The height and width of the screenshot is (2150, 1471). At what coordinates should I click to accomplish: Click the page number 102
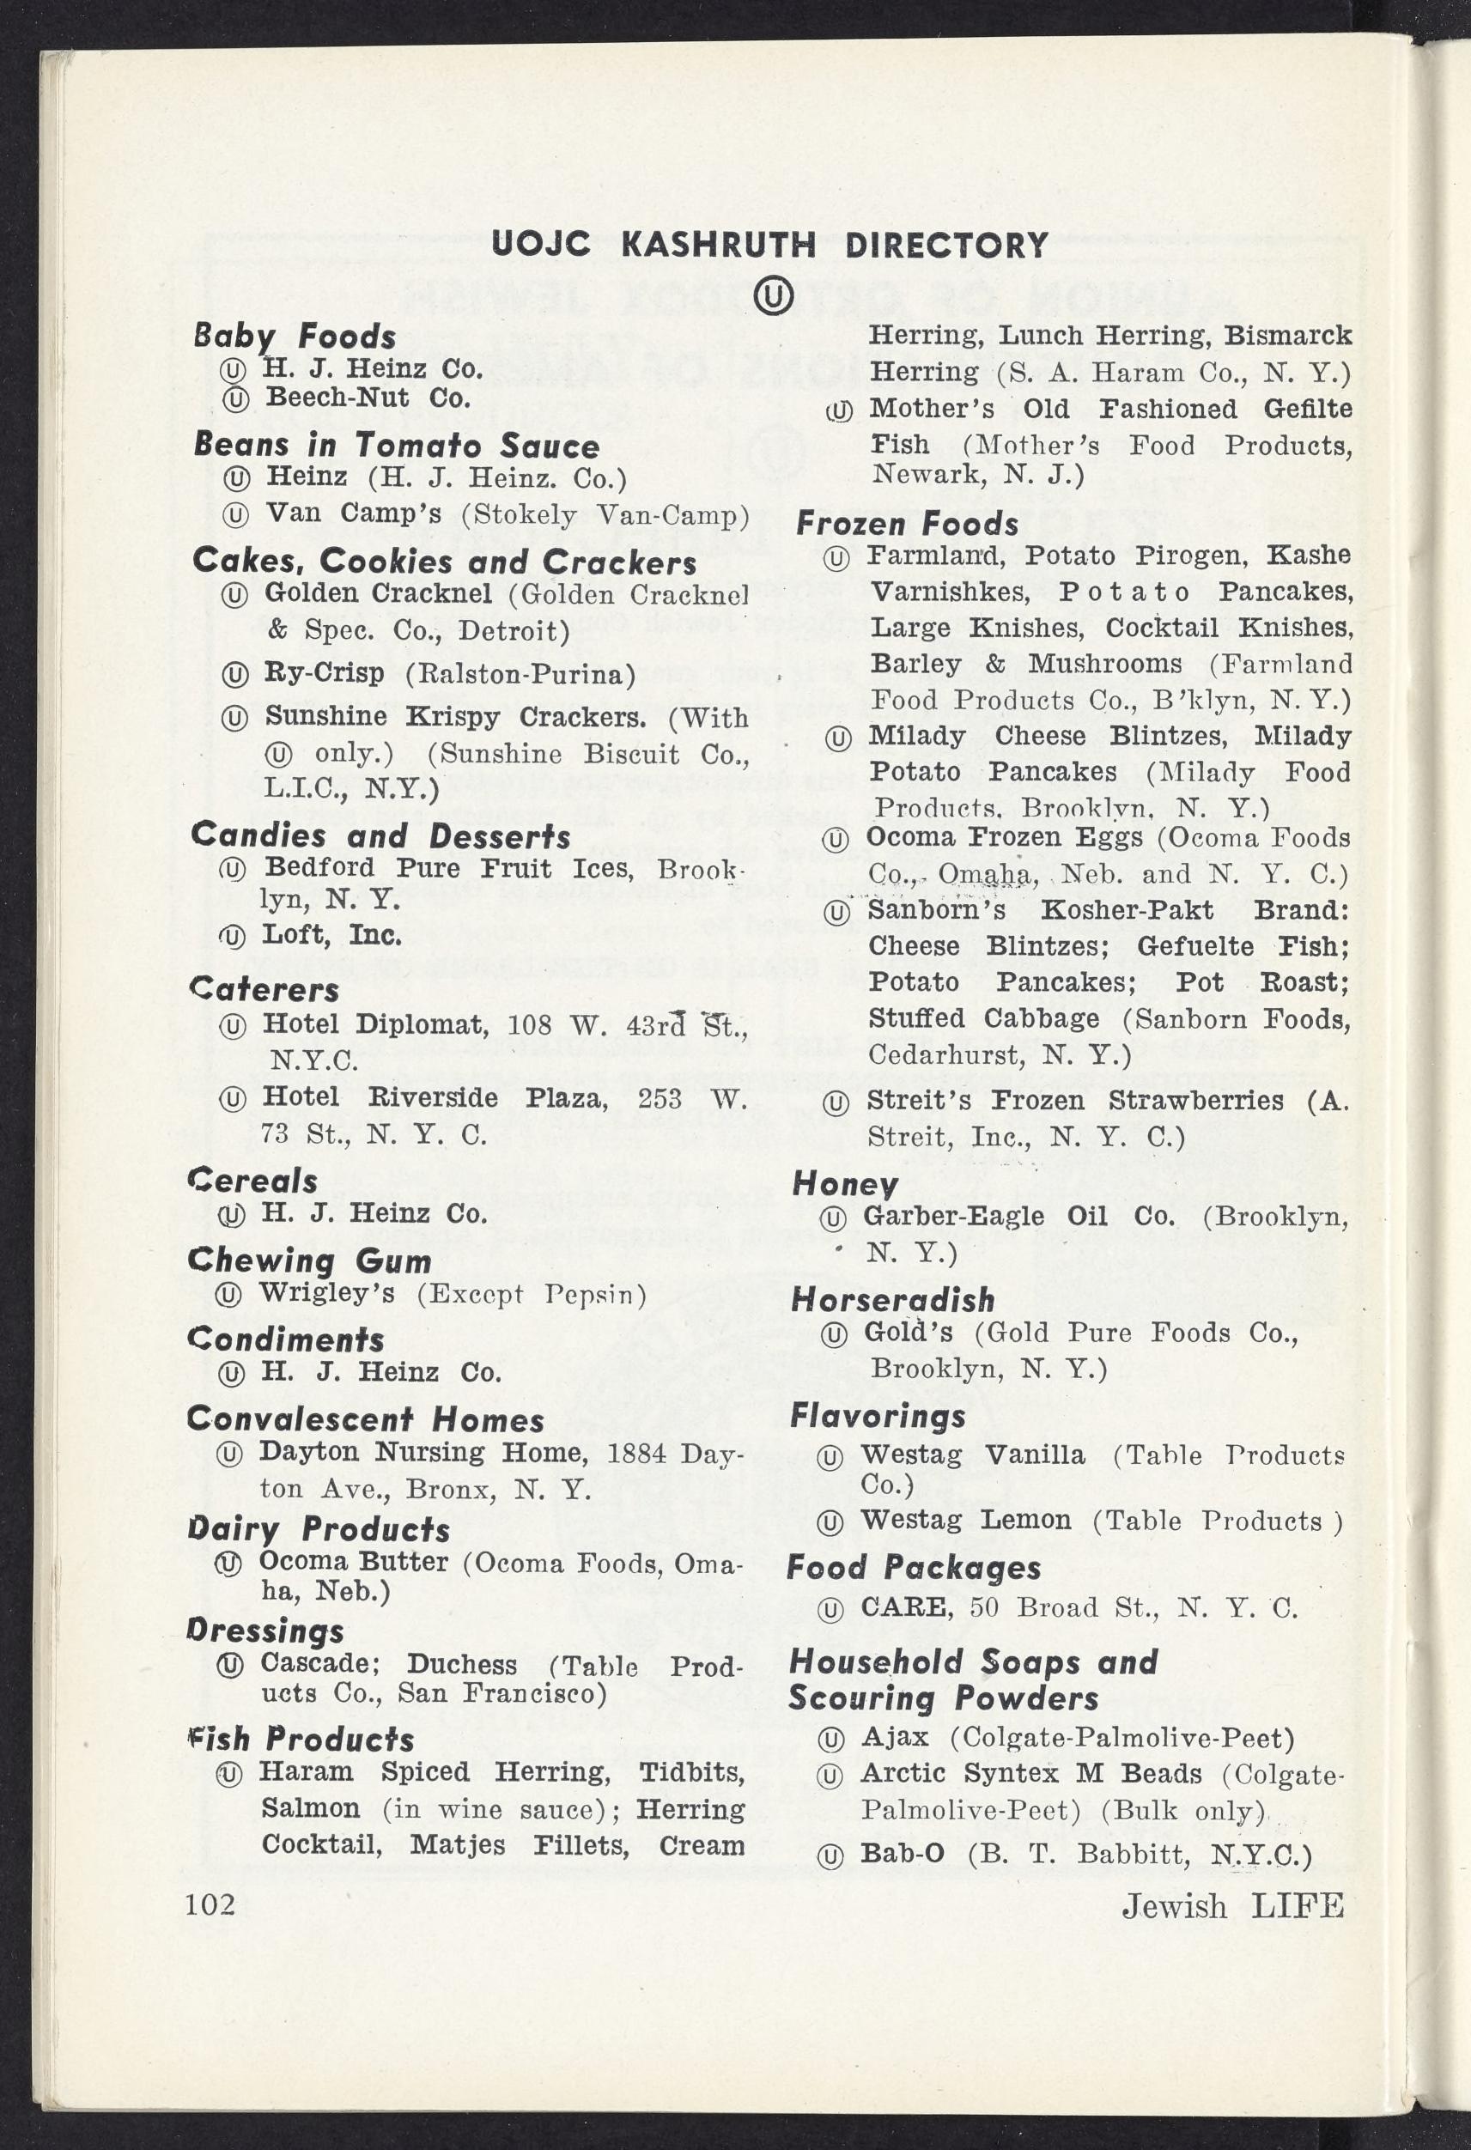[210, 1904]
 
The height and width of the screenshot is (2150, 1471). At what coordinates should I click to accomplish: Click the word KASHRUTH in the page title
[718, 246]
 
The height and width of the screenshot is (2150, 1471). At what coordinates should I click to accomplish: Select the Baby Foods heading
[295, 337]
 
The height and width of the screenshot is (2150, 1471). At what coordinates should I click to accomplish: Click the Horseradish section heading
[893, 1300]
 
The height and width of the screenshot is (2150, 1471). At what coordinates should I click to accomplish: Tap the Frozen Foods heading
[907, 524]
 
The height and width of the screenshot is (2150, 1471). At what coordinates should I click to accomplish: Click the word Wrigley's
[326, 1292]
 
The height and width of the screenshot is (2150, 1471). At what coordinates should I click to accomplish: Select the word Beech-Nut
[337, 398]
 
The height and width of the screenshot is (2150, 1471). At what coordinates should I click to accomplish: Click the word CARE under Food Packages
[906, 1607]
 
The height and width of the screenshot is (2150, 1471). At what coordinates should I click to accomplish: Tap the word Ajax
[895, 1736]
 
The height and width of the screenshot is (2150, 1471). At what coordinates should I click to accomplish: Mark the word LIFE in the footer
[1297, 1906]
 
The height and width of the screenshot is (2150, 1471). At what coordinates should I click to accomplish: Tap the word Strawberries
[1196, 1100]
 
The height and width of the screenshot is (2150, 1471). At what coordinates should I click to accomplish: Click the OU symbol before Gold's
[834, 1334]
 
